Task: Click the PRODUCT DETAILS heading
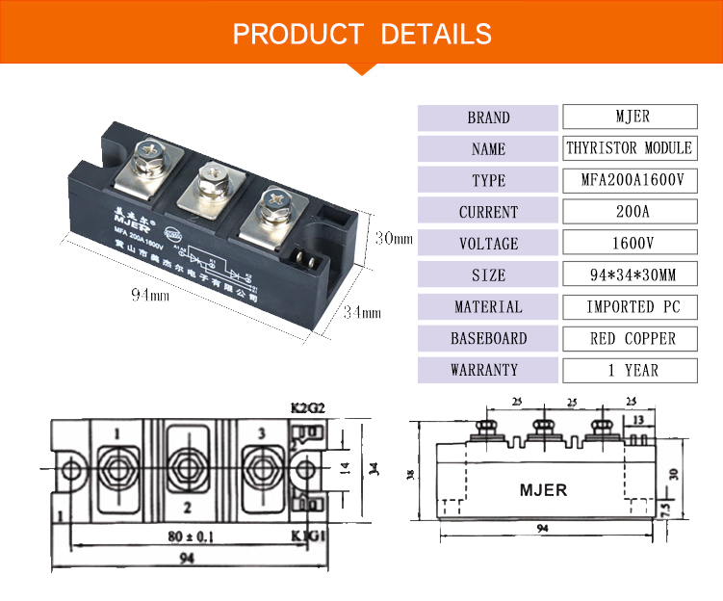coord(362,35)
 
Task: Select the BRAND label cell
coord(488,118)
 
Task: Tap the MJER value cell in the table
coord(631,117)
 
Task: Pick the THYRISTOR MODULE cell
coord(631,148)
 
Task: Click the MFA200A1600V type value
coord(631,180)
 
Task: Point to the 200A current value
coord(631,212)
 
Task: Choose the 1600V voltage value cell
coord(631,244)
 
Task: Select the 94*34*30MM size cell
coord(631,275)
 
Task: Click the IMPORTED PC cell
coord(631,307)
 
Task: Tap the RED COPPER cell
coord(631,339)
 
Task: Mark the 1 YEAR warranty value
coord(631,370)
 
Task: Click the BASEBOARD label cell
coord(488,339)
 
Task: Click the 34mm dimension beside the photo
coord(363,312)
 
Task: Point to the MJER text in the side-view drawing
coord(543,490)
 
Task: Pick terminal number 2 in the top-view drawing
coord(187,507)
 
